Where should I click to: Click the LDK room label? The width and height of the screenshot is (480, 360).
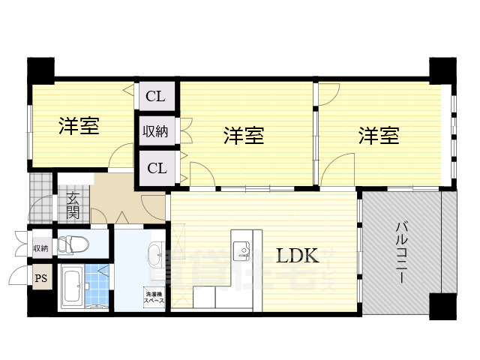(x=298, y=256)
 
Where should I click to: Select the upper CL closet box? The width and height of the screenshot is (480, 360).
(x=156, y=95)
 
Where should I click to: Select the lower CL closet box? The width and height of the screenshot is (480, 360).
(x=156, y=167)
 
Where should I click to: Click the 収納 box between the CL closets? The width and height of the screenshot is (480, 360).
(x=156, y=131)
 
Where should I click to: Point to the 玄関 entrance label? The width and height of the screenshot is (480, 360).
(x=73, y=205)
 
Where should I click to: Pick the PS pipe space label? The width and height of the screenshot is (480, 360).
(x=40, y=279)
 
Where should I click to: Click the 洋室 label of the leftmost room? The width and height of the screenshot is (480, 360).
(x=79, y=126)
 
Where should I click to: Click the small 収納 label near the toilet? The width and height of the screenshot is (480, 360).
(x=40, y=247)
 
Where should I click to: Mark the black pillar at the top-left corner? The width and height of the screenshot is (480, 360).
(x=40, y=70)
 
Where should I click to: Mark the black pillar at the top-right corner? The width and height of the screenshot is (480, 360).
(x=442, y=69)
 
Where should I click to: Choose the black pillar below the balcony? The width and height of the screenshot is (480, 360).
(x=442, y=306)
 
